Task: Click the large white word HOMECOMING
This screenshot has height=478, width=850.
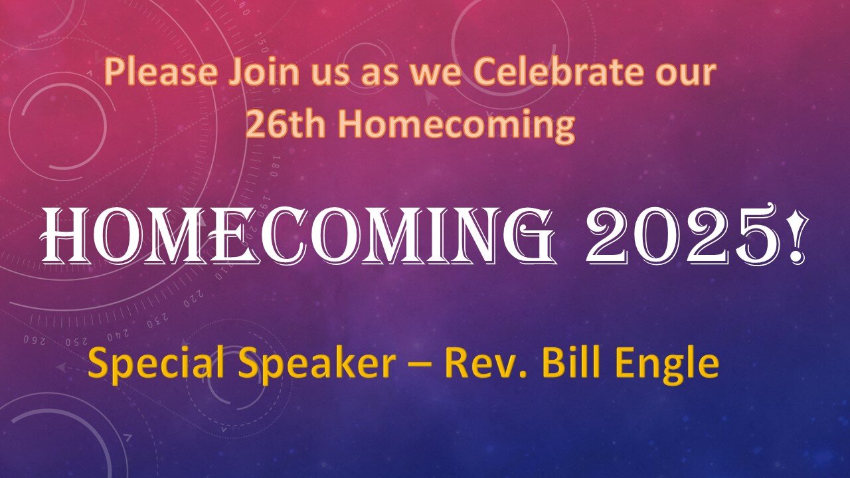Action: coord(299,236)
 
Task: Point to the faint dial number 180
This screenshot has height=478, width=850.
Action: coord(276,166)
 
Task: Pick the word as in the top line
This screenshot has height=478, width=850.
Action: coord(381,75)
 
